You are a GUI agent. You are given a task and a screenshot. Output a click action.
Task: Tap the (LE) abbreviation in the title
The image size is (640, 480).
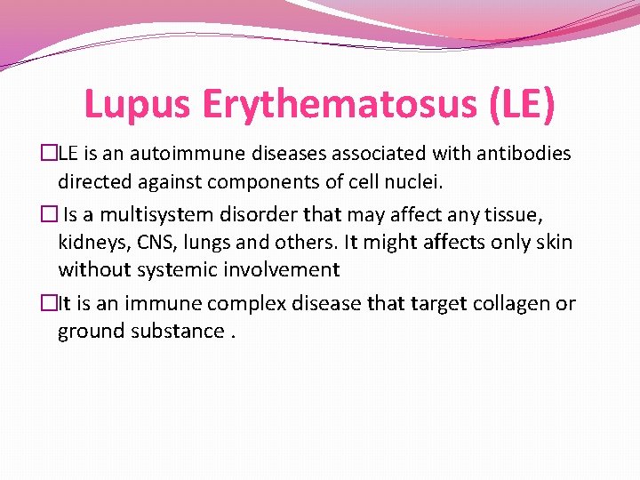520,104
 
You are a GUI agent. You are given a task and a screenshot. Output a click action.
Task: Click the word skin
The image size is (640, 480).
553,241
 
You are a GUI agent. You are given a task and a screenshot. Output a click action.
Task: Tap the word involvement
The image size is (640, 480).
284,269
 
